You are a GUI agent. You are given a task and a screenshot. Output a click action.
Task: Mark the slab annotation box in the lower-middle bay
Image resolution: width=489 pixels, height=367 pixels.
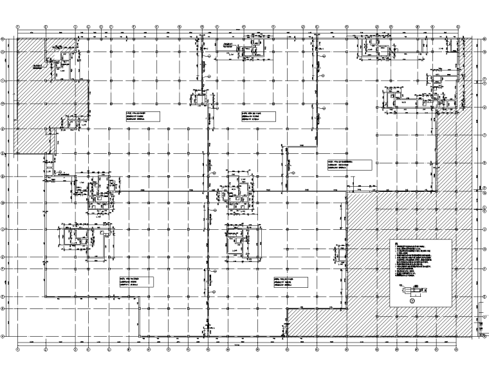[x=284, y=281]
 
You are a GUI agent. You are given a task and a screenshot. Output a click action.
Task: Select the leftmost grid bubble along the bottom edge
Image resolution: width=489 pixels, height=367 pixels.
[x=18, y=350]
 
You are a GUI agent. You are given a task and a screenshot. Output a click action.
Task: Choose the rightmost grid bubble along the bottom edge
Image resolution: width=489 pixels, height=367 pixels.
[x=459, y=350]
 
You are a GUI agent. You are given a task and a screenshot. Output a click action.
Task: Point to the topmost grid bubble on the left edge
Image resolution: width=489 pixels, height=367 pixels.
[x=5, y=39]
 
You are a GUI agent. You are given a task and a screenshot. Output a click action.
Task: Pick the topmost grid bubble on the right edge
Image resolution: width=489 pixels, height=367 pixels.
[x=483, y=39]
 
